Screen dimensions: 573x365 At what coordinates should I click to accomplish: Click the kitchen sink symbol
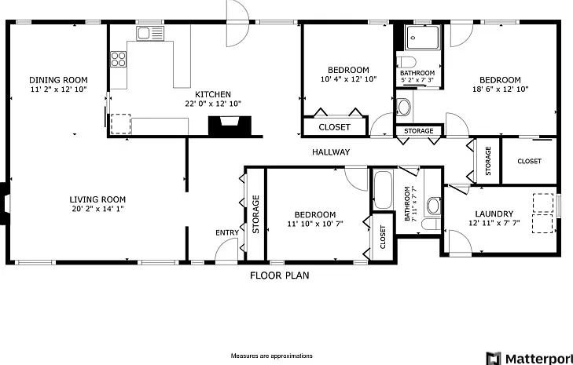tap(150, 33)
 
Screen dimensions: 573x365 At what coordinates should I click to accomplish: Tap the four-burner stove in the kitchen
tap(119, 59)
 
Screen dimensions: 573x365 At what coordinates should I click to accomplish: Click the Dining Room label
tap(58, 80)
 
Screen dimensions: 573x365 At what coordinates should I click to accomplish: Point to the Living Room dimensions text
tap(98, 209)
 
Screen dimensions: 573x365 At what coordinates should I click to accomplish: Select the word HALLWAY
tap(331, 151)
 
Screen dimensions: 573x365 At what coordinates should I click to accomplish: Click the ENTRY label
tap(227, 232)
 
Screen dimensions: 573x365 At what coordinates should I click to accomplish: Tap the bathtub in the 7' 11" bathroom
tap(383, 189)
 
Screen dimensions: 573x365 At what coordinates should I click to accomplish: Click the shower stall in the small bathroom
tap(423, 37)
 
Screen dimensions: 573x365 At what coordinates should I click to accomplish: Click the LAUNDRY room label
tap(494, 214)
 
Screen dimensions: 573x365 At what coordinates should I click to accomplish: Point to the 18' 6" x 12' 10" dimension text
tap(500, 89)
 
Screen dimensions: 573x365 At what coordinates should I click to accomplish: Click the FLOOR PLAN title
tap(280, 276)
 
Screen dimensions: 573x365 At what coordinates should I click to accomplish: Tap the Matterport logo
tap(529, 358)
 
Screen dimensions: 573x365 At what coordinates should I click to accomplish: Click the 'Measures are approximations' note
tap(271, 356)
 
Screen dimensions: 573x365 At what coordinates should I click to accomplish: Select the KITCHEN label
tap(213, 94)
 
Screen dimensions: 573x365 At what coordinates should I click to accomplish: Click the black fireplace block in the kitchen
tap(230, 126)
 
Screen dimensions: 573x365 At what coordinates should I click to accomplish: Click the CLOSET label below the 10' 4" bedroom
tap(334, 127)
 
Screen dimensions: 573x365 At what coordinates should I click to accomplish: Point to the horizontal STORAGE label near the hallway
tap(419, 130)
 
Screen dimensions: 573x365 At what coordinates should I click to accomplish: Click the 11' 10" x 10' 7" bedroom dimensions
tap(315, 224)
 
